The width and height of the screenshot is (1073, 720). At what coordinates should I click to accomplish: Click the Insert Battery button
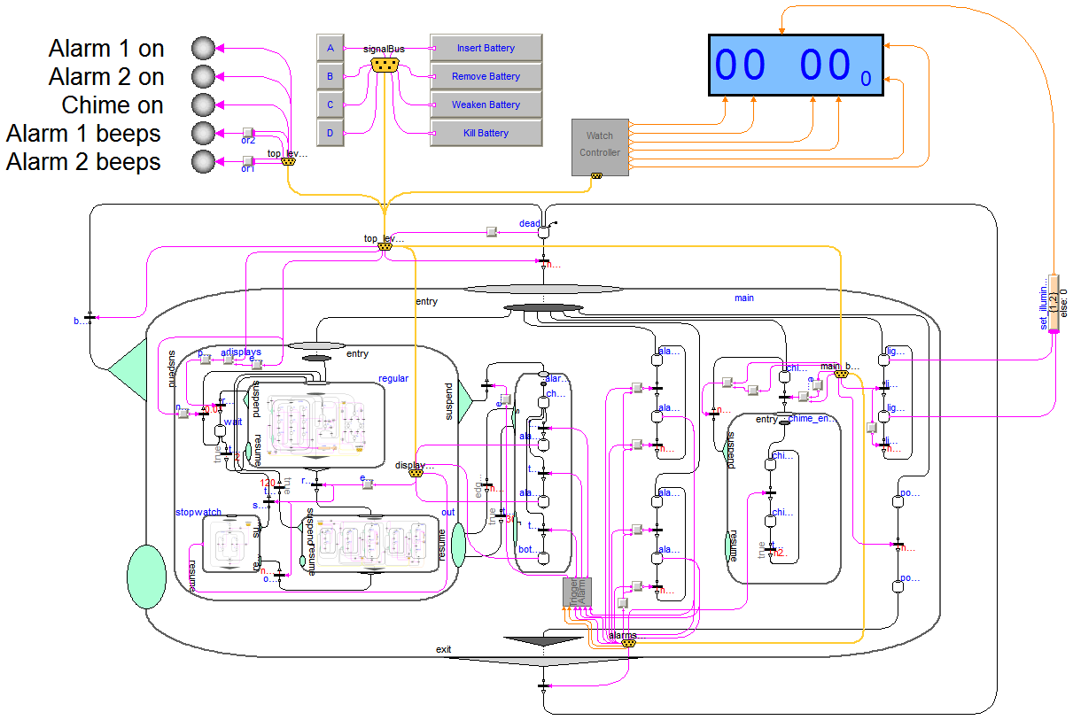[x=486, y=48]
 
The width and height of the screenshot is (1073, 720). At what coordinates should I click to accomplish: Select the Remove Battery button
[x=486, y=76]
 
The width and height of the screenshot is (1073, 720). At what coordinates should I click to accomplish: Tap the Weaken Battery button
[x=486, y=105]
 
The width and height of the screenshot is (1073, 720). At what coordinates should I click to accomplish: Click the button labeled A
[x=330, y=48]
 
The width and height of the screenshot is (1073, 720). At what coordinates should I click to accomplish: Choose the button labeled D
[x=330, y=133]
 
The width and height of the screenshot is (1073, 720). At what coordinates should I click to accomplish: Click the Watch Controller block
[x=600, y=145]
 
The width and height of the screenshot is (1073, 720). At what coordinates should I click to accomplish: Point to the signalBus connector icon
[x=384, y=65]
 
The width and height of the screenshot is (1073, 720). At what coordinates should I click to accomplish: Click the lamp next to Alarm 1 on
[x=204, y=48]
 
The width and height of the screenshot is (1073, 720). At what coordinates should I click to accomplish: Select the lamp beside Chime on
[x=204, y=105]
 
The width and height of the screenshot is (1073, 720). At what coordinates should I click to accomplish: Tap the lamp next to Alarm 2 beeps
[x=204, y=162]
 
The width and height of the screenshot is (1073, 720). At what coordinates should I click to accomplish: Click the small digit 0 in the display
[x=866, y=80]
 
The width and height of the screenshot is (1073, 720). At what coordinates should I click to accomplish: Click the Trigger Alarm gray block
[x=577, y=592]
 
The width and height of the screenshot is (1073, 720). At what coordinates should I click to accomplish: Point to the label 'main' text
[x=744, y=298]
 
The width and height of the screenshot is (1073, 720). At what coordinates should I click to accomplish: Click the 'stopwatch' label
[x=198, y=512]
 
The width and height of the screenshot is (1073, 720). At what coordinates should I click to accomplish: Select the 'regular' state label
[x=393, y=378]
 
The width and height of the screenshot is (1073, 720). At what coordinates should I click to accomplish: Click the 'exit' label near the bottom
[x=444, y=649]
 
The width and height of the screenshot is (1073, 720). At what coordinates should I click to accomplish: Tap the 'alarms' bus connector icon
[x=628, y=644]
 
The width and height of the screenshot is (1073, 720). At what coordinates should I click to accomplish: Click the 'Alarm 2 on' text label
[x=106, y=77]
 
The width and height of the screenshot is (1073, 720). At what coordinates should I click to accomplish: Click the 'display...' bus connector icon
[x=415, y=474]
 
